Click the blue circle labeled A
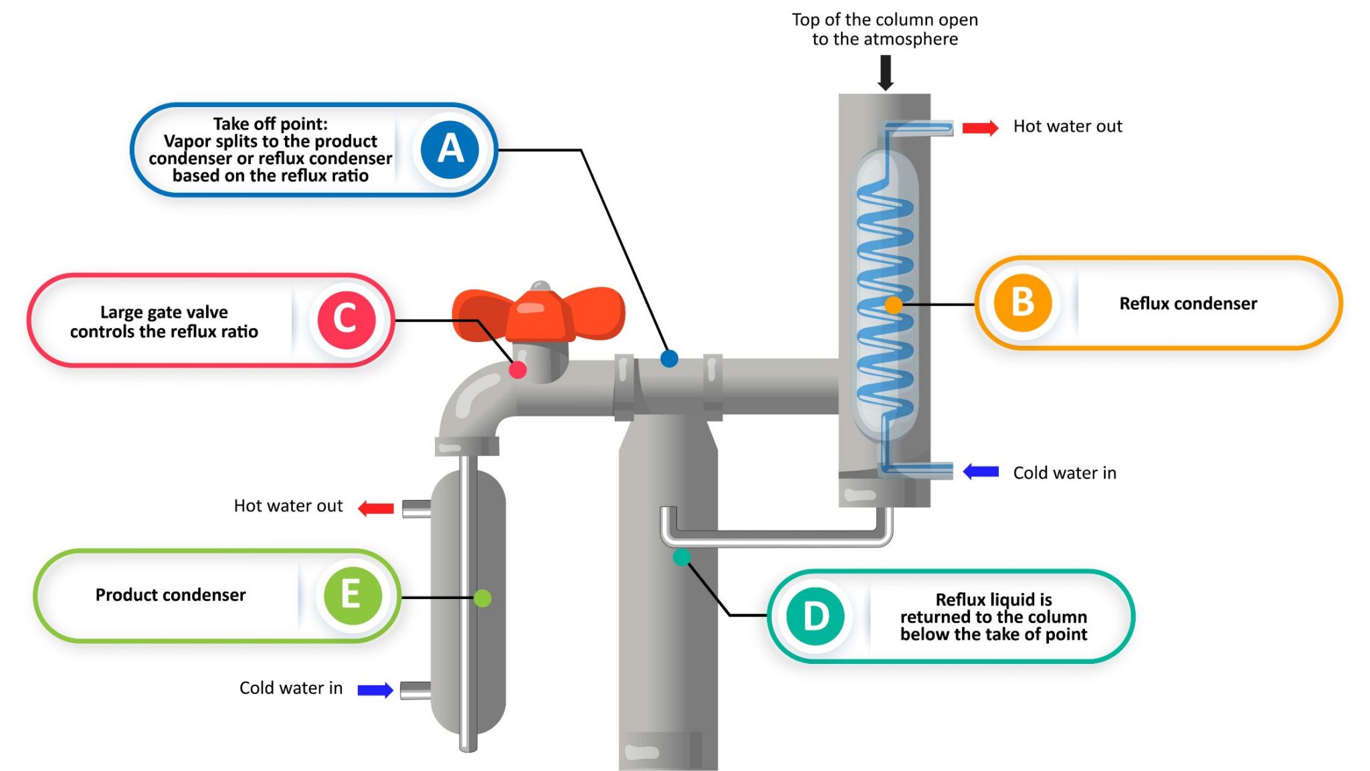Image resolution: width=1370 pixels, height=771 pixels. coord(450,149)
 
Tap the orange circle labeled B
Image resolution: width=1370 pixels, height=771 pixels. coord(1022,303)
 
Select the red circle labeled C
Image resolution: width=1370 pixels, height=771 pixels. coord(346,319)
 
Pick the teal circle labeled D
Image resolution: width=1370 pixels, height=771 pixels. coord(815,616)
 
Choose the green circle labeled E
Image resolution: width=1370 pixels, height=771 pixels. coord(352,595)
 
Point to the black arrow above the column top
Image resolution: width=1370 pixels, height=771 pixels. coord(885,72)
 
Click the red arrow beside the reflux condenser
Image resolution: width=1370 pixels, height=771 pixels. coord(980,127)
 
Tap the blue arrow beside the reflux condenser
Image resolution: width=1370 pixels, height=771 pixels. coord(981,472)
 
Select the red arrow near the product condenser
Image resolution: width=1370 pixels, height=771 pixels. coord(377,509)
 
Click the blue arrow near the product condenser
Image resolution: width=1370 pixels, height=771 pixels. coord(375,690)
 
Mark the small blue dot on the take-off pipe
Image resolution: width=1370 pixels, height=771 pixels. coord(669,359)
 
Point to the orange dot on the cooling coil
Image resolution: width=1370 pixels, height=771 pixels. coord(893,305)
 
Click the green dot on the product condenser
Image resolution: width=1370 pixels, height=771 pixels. coord(482,598)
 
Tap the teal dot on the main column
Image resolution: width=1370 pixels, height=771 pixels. coord(682,557)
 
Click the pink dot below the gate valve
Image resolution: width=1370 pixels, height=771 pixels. coord(518,369)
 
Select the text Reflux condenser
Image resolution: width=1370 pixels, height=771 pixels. coord(1188,304)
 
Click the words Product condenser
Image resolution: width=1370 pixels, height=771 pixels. coord(171,595)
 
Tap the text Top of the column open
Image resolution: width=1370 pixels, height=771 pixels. coord(884,20)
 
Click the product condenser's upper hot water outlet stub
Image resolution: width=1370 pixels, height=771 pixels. coord(416,509)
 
